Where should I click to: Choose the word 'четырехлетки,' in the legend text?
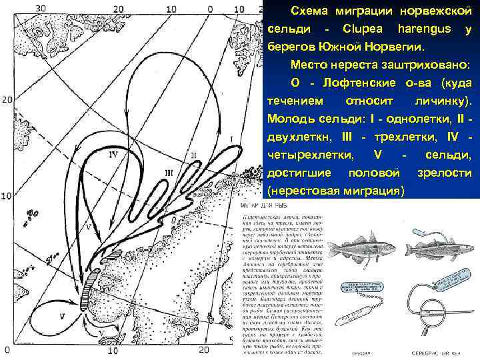[x=304, y=155]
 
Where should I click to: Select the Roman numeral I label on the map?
[x=231, y=139]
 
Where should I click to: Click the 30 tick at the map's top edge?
[x=41, y=9]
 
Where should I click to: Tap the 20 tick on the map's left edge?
[x=7, y=100]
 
